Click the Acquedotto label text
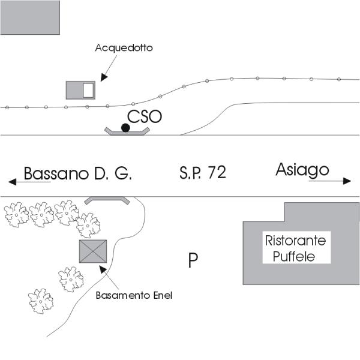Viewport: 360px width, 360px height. click(x=124, y=48)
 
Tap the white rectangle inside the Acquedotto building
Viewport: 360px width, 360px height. click(x=88, y=90)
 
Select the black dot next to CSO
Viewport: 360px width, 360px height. click(x=125, y=127)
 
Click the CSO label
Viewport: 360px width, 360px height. click(x=145, y=116)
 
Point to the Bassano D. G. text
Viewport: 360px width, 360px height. click(x=77, y=174)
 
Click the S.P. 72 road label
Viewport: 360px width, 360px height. click(x=202, y=173)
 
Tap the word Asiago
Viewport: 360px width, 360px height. click(x=302, y=170)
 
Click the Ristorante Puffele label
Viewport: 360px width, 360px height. click(x=295, y=249)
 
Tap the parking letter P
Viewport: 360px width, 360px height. click(x=193, y=260)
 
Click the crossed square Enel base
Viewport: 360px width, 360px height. click(x=92, y=251)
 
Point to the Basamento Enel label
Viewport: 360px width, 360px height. click(x=134, y=295)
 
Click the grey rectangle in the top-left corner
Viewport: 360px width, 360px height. click(x=30, y=17)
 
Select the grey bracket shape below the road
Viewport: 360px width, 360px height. click(x=106, y=200)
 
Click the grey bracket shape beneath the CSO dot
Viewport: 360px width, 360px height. click(x=127, y=131)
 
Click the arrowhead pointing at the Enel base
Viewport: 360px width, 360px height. click(x=103, y=269)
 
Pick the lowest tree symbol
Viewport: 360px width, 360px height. click(x=41, y=301)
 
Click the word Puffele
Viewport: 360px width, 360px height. click(x=294, y=257)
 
